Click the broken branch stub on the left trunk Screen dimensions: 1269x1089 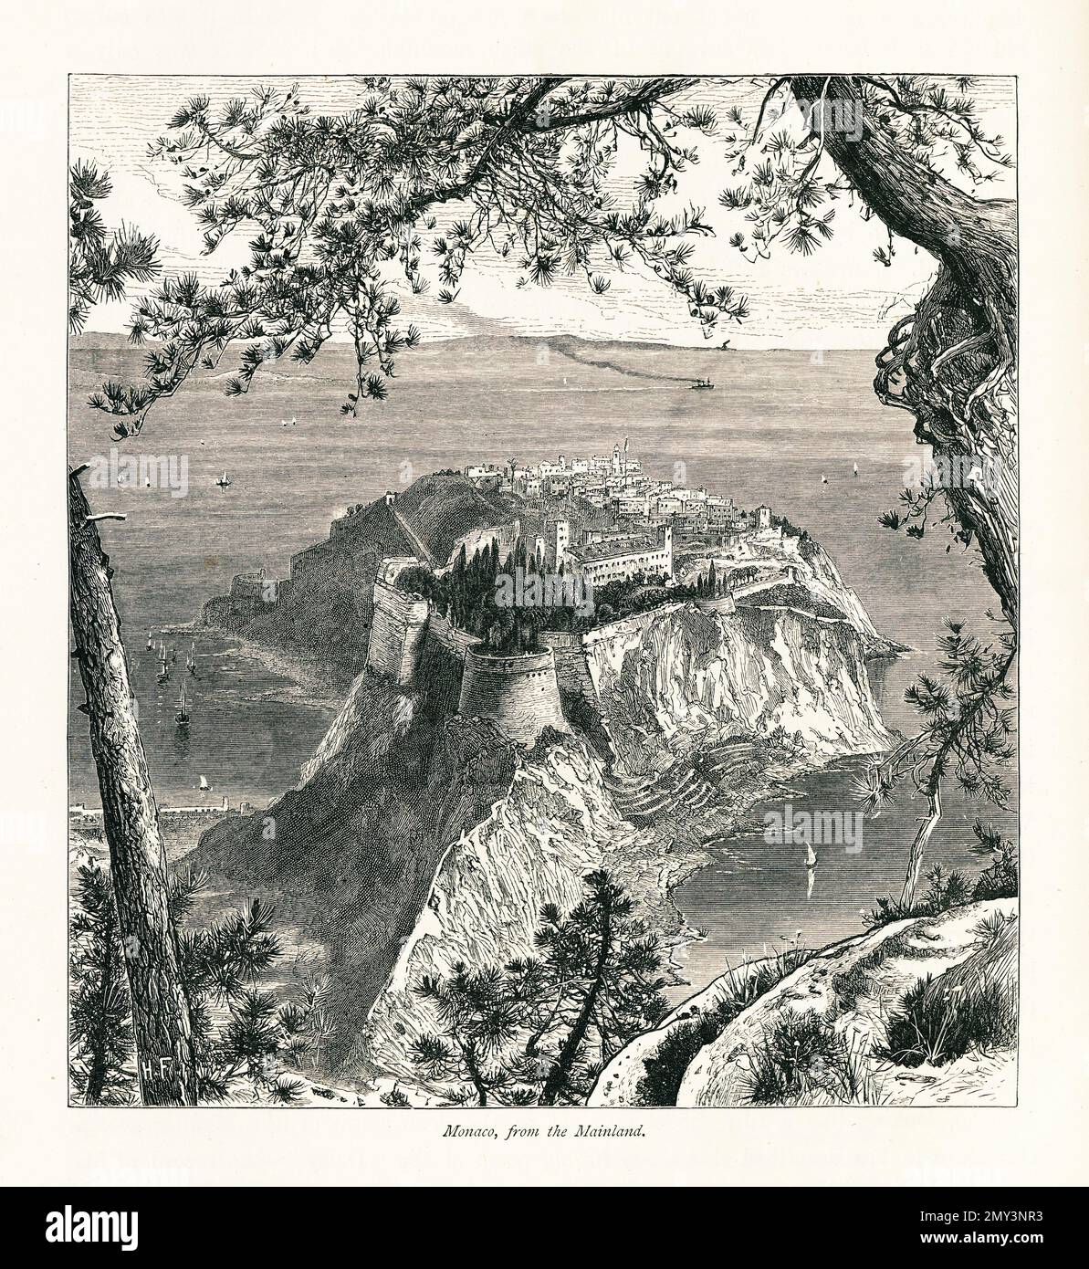click(x=102, y=519)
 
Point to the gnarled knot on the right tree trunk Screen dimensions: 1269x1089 click(x=913, y=383)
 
